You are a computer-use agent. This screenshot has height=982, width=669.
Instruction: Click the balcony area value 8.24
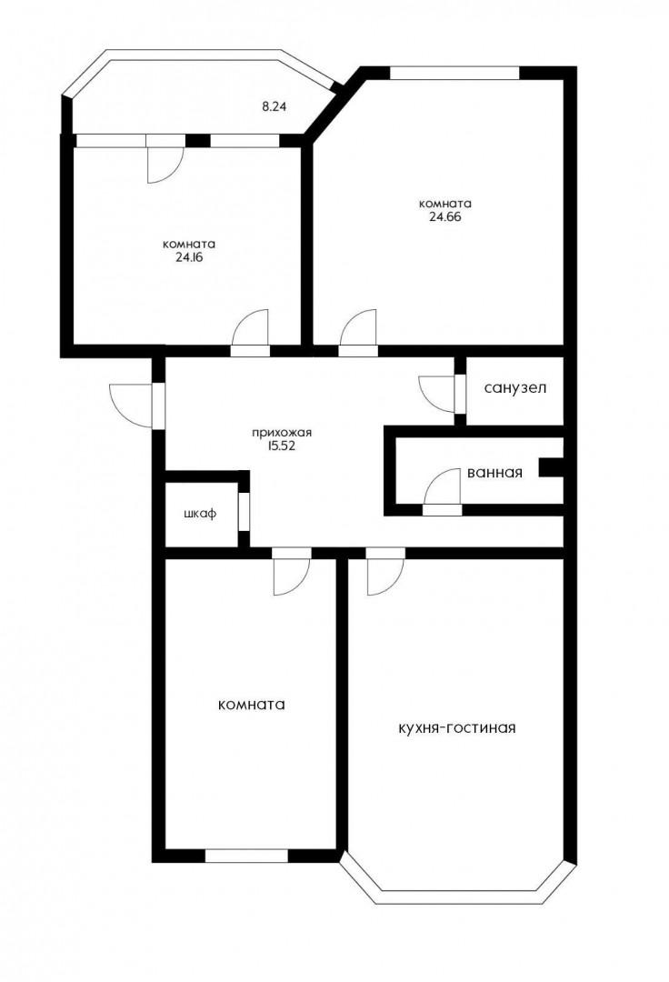tap(274, 106)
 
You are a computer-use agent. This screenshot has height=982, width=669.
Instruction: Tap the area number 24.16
tap(188, 256)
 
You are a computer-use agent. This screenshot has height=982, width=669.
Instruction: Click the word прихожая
tap(282, 433)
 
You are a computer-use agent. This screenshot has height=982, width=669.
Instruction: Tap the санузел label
tap(515, 388)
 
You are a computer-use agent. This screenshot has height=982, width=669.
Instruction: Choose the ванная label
tap(494, 473)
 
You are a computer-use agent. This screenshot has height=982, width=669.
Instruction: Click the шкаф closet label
tap(200, 514)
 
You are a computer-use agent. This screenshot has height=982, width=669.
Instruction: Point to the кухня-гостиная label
tap(457, 728)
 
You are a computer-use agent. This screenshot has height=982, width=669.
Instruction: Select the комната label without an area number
tap(252, 705)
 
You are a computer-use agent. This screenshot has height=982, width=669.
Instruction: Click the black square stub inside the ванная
tap(552, 467)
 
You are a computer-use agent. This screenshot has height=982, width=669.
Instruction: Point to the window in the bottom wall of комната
tap(246, 856)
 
